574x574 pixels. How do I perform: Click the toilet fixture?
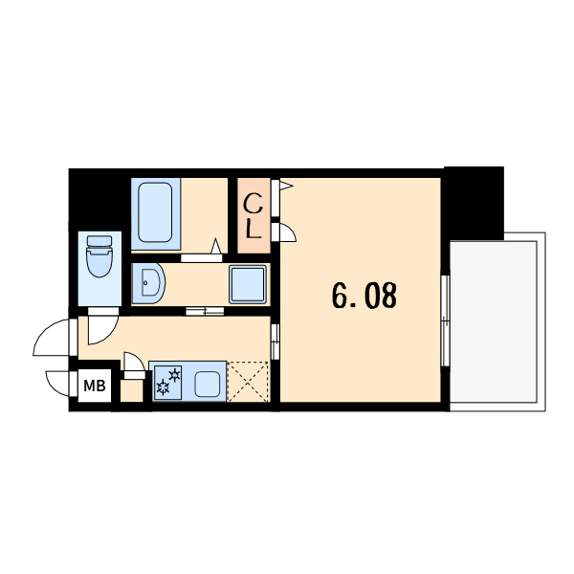coord(99,256)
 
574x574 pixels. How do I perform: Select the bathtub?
coord(155,212)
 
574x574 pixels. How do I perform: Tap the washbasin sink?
coord(148,283)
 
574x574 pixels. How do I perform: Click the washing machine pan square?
coord(248,284)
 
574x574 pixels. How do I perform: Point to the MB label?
coord(95,386)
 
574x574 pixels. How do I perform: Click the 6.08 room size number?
coord(364,296)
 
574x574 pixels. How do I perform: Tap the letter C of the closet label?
coord(254,205)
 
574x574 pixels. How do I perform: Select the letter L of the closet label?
coord(254,230)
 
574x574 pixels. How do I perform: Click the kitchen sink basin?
coord(208,385)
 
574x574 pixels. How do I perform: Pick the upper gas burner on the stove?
coord(175,375)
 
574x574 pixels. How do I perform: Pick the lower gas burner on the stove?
coord(163,387)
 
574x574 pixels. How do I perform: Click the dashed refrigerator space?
coord(248,382)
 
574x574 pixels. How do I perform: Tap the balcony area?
coord(494,321)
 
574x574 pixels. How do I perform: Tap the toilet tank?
coord(99,241)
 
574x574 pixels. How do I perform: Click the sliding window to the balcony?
coord(445,320)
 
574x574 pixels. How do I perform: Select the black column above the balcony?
coord(474,203)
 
